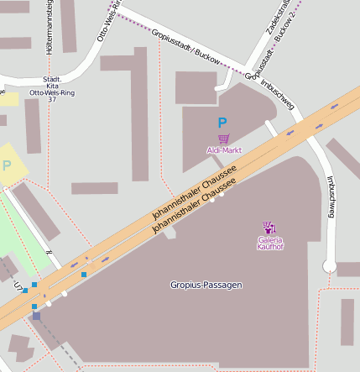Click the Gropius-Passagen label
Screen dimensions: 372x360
pyautogui.click(x=206, y=285)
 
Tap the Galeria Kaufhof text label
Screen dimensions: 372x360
pyautogui.click(x=270, y=244)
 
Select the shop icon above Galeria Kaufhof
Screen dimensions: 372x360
pyautogui.click(x=269, y=227)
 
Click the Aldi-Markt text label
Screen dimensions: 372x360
pyautogui.click(x=223, y=150)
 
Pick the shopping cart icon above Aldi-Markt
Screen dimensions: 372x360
pyautogui.click(x=223, y=139)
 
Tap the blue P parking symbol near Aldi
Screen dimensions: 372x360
pyautogui.click(x=222, y=123)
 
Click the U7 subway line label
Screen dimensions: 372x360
pyautogui.click(x=18, y=286)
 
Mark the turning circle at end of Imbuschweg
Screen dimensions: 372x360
pyautogui.click(x=330, y=267)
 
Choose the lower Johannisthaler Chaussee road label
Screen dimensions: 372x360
pyautogui.click(x=197, y=202)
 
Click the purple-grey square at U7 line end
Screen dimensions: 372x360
pyautogui.click(x=35, y=317)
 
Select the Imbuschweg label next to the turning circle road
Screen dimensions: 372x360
pyautogui.click(x=330, y=197)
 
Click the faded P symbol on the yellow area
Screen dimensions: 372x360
pyautogui.click(x=8, y=165)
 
